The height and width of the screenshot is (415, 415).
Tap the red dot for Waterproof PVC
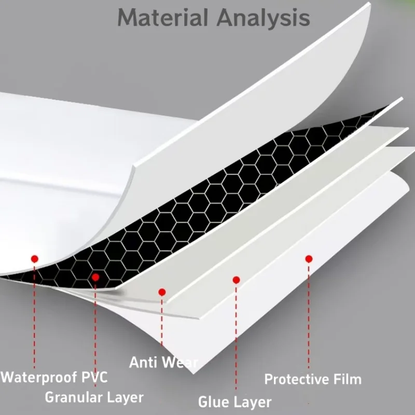35,258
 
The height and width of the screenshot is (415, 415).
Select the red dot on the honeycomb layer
95,278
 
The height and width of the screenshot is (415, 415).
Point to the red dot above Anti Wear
162,293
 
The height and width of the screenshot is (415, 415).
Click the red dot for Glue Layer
236,280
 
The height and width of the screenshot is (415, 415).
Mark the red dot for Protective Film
309,258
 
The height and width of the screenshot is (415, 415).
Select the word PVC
94,377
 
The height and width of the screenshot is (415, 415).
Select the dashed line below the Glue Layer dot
236,337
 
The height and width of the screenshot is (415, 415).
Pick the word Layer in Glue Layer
253,402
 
